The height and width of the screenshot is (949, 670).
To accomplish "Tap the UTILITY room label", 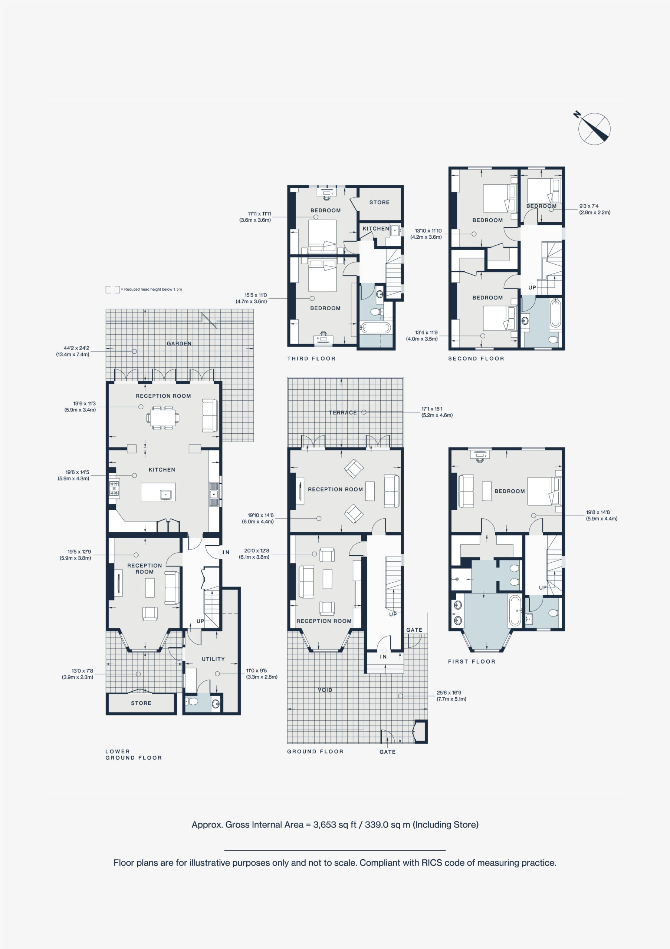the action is click(213, 659).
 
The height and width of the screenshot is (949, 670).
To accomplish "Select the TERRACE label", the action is click(342, 413).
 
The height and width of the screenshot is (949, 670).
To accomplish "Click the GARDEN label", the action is click(179, 344).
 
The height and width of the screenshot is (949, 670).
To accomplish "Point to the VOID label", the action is click(325, 690).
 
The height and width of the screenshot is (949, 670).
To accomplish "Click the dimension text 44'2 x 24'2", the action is click(76, 348).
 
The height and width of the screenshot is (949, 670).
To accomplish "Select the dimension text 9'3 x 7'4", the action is click(588, 206).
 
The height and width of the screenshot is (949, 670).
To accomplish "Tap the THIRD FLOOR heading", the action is click(311, 359).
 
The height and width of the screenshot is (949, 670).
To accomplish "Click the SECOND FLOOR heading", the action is click(476, 359).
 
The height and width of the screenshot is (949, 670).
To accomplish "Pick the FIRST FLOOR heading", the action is click(472, 662).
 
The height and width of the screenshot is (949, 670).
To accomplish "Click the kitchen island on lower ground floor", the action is click(158, 492).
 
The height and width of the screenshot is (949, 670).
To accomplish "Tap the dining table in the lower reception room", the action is click(163, 418).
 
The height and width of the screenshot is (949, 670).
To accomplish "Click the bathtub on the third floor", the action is click(375, 328).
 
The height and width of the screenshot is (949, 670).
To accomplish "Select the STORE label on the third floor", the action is click(379, 202).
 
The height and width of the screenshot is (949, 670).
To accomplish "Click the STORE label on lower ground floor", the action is click(141, 703).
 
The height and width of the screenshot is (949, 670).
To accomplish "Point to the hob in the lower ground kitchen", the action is click(114, 489).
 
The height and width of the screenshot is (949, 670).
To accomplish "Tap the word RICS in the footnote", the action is click(432, 863).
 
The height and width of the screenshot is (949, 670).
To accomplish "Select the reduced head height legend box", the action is click(112, 289).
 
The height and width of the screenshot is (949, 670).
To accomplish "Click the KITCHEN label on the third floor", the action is click(376, 229).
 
